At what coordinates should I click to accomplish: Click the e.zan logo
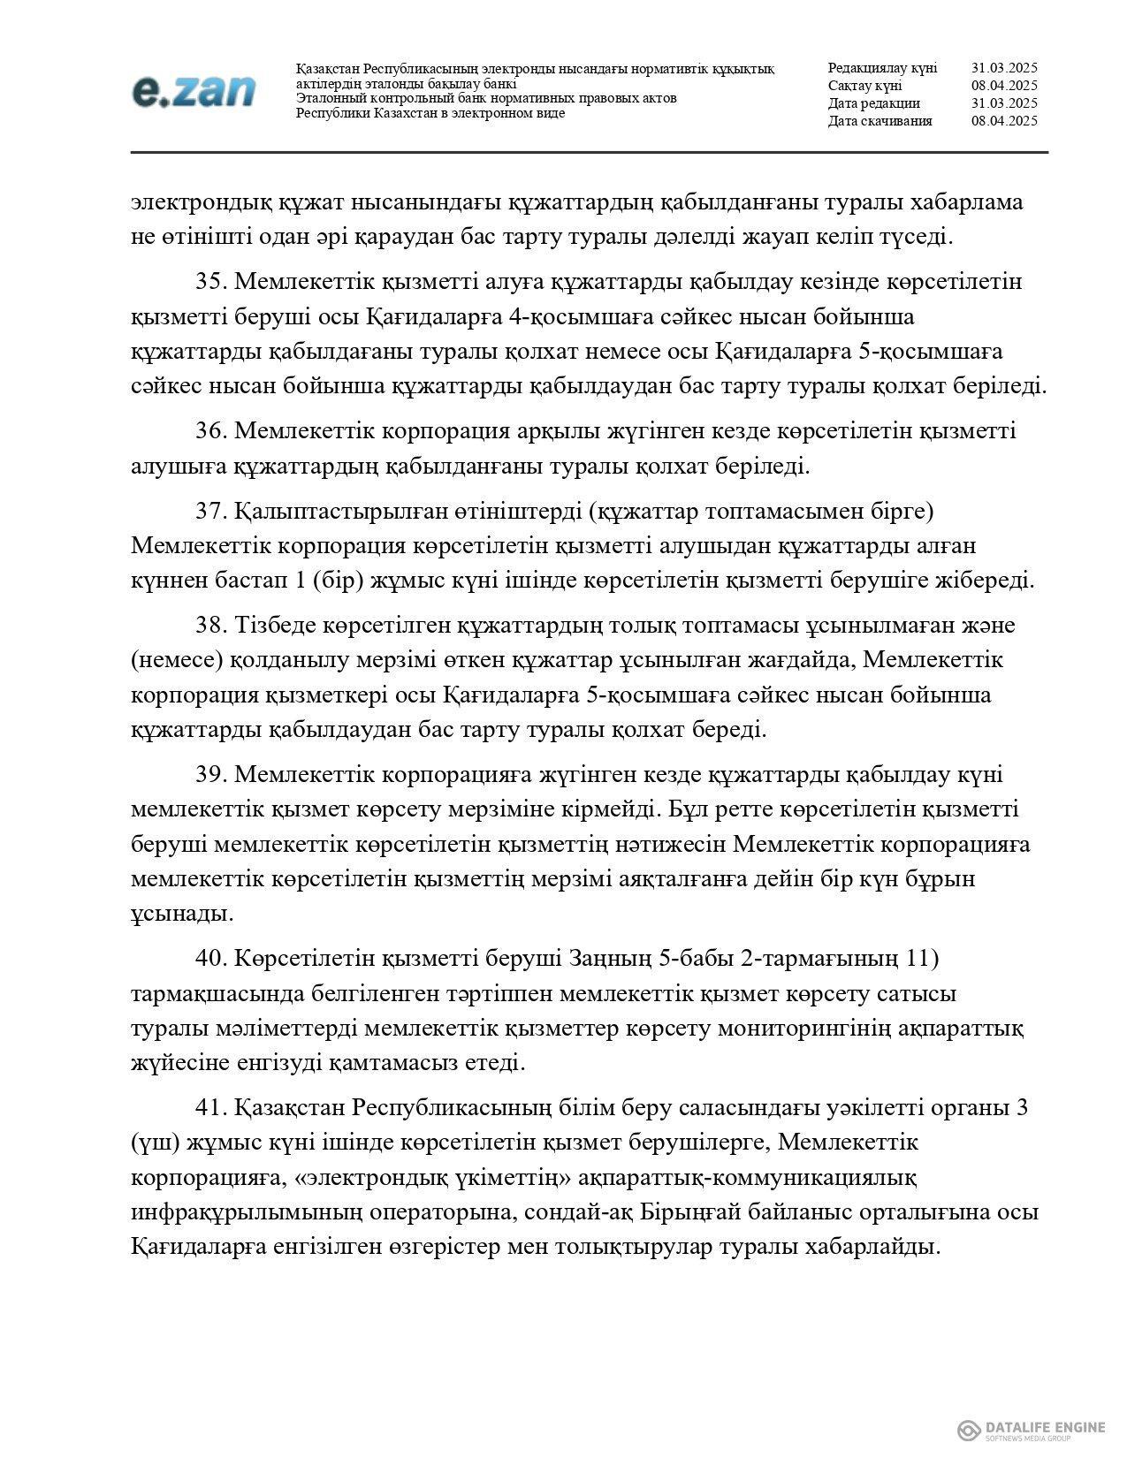tap(194, 91)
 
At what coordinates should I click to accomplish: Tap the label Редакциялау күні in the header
tap(882, 68)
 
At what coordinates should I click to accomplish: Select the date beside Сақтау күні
tap(1003, 86)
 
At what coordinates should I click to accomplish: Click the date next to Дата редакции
tap(1003, 103)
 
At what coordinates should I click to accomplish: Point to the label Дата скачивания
tap(880, 121)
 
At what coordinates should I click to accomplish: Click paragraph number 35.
tap(212, 282)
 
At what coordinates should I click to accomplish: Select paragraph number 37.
tap(212, 511)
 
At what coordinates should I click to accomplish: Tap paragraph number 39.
tap(212, 775)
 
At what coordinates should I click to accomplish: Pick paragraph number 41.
tap(212, 1108)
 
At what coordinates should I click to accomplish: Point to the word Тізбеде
tap(270, 626)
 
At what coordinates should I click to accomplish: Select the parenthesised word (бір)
tap(328, 581)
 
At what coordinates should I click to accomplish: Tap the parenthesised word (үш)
tap(156, 1143)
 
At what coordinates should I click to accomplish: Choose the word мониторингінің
tap(816, 1029)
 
